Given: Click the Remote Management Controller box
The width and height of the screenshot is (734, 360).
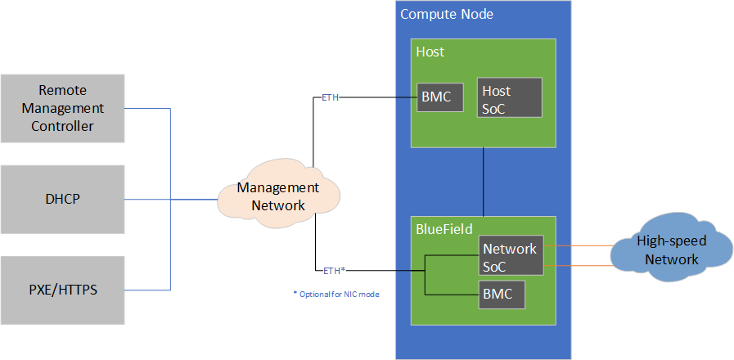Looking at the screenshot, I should (x=62, y=108).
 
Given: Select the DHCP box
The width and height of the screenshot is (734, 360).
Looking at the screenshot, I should (x=62, y=199).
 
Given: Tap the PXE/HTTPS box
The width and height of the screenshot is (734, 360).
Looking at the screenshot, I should (x=62, y=289).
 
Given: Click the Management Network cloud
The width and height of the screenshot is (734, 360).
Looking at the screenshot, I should (x=278, y=196).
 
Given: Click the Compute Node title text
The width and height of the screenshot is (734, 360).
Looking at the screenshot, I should (x=446, y=15).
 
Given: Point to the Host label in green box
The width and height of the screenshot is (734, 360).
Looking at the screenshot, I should (x=430, y=52).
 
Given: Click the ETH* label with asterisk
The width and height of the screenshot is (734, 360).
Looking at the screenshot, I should (x=333, y=269).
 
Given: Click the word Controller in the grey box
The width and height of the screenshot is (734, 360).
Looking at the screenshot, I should (x=62, y=126).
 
